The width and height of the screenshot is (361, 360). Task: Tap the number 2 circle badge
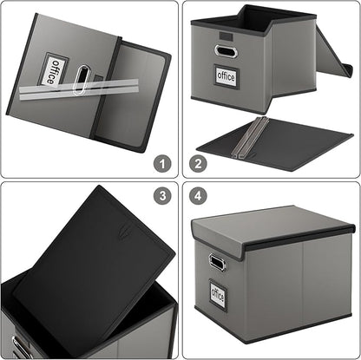click(x=199, y=162)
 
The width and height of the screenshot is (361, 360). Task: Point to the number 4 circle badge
click(x=199, y=197)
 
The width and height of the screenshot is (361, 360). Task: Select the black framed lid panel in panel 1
click(x=135, y=95)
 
